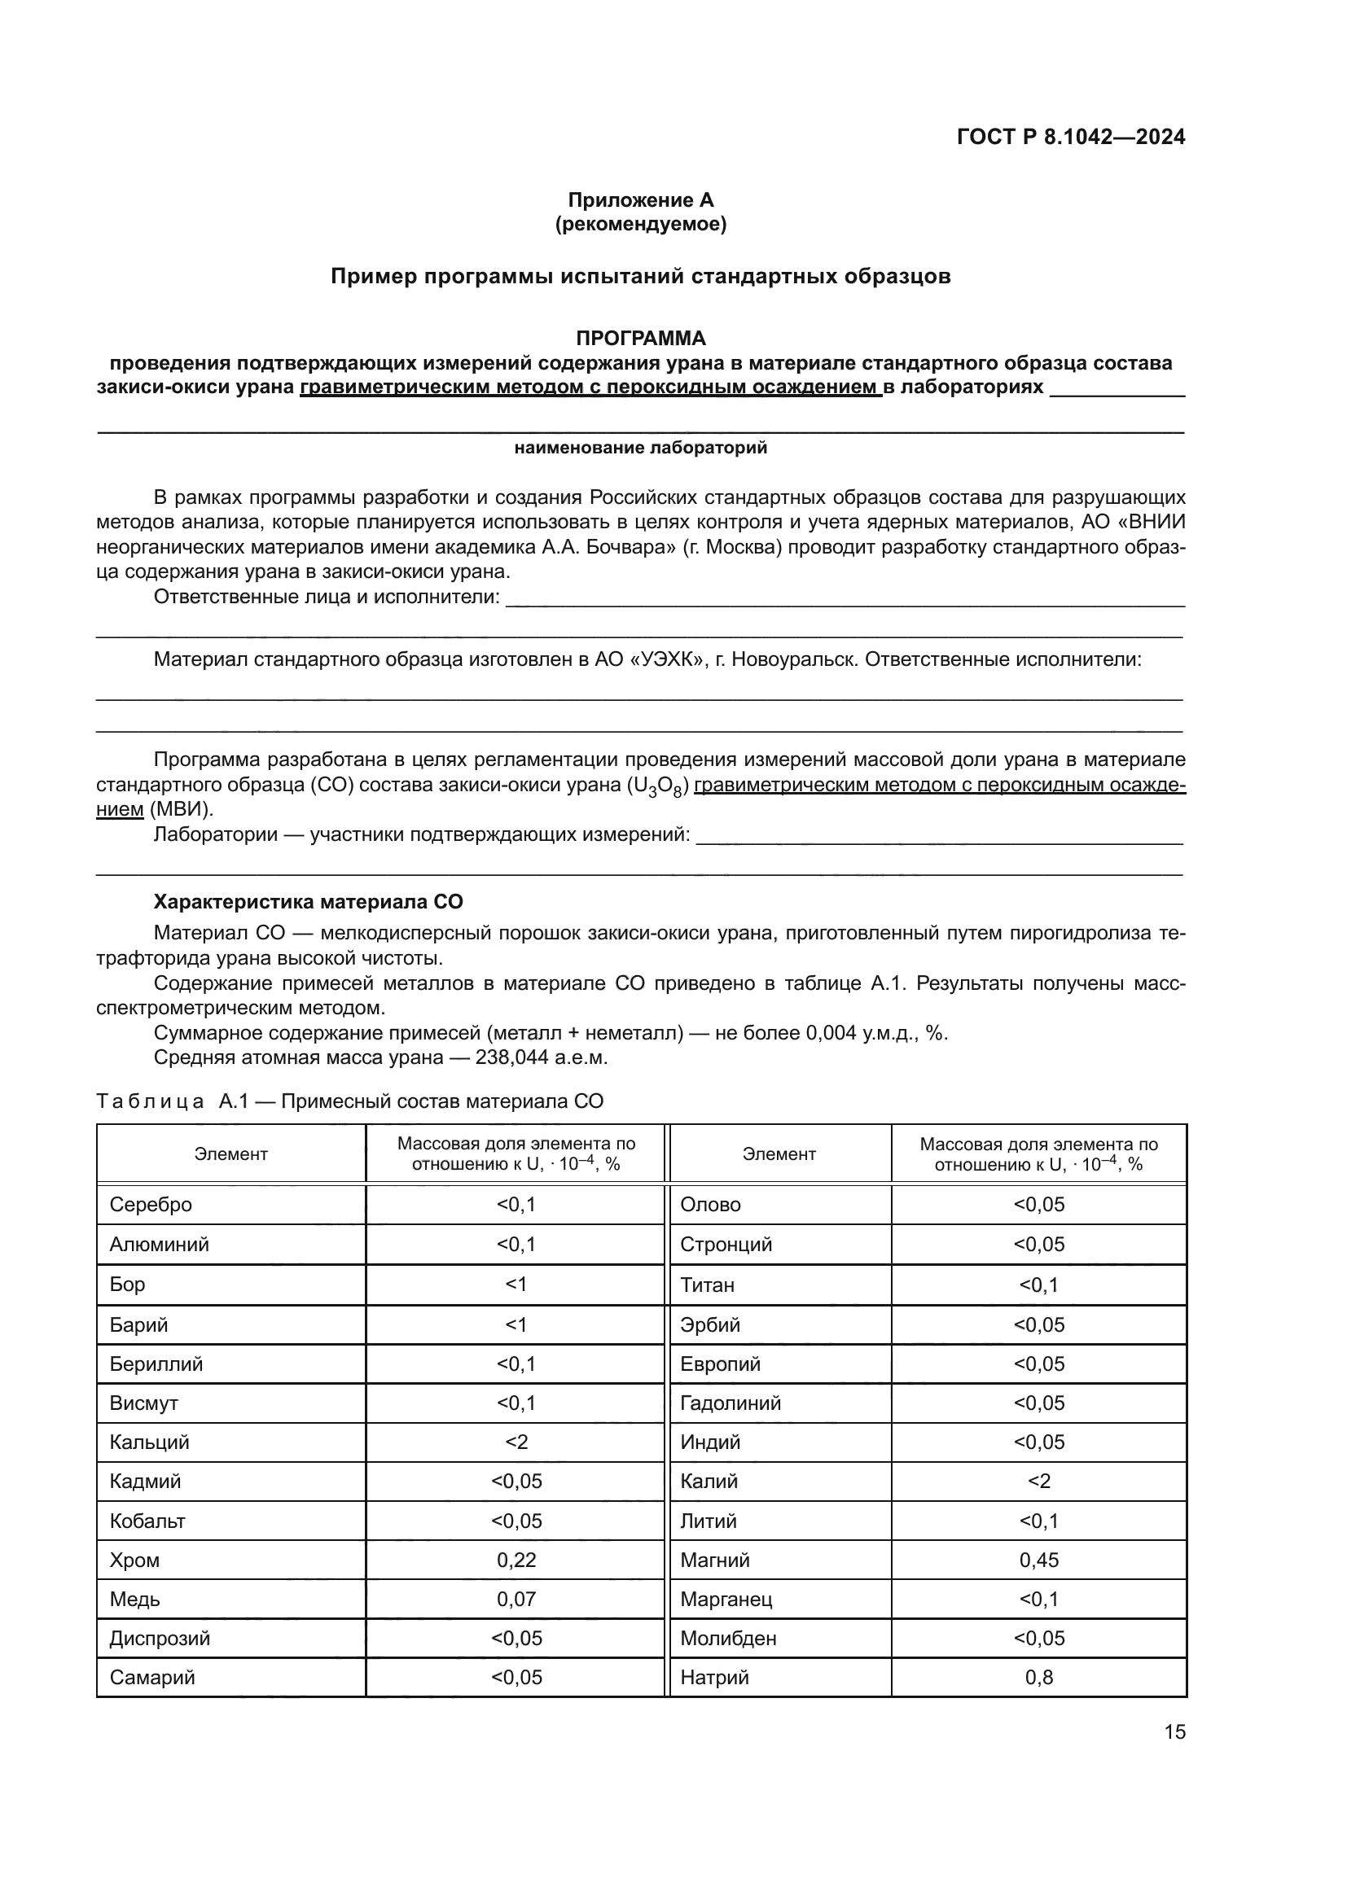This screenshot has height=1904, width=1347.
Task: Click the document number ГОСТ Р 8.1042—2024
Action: tap(1070, 137)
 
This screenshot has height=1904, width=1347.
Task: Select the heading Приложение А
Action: tap(640, 200)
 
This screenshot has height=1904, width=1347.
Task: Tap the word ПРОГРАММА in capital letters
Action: tap(640, 339)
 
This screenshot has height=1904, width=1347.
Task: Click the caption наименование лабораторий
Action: tap(640, 449)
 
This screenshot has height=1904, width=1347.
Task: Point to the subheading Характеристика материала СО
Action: tap(308, 902)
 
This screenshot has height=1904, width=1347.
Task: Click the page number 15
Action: tap(1174, 1732)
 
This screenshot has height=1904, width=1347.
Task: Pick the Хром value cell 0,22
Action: tap(516, 1560)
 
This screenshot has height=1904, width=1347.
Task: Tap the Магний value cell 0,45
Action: tap(1038, 1560)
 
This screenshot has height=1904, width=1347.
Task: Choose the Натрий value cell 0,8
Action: tap(1038, 1678)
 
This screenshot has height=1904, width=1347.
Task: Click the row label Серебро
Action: tap(150, 1204)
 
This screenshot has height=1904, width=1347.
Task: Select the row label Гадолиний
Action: tap(730, 1403)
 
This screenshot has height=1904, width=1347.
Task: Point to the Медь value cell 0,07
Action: tap(516, 1599)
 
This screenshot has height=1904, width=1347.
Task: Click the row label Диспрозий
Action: tap(160, 1639)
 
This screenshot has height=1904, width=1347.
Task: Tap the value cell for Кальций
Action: tap(516, 1442)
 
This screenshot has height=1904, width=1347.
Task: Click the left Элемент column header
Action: tap(230, 1154)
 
